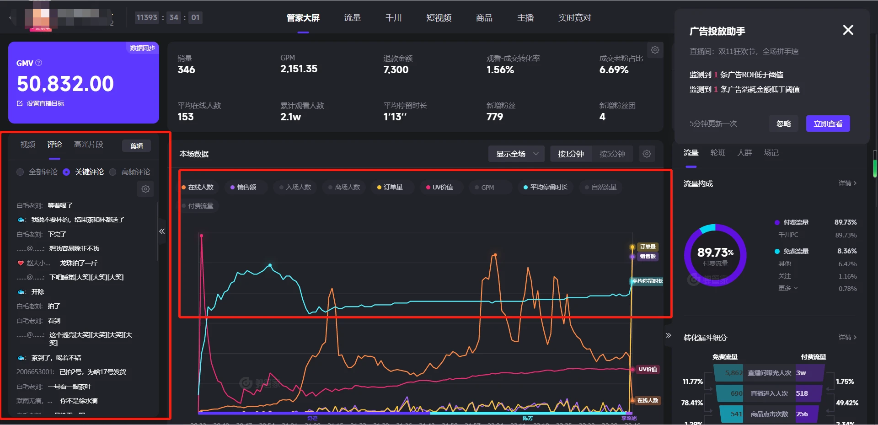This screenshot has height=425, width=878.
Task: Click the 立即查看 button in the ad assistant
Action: pos(828,124)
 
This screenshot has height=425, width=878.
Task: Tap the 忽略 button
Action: pos(783,124)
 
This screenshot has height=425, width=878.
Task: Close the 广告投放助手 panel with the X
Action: pos(848,30)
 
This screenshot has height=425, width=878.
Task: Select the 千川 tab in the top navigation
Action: pos(393,18)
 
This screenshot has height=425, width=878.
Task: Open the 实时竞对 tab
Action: pos(574,18)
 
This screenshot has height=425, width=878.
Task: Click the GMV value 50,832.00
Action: pos(65,84)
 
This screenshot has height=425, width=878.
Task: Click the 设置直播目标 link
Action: pos(45,103)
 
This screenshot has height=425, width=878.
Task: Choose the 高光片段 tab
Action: pos(89,145)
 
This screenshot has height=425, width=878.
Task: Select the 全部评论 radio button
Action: pos(20,172)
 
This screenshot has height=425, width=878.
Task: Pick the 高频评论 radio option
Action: pos(113,172)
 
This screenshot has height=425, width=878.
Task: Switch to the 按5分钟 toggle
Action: pos(612,154)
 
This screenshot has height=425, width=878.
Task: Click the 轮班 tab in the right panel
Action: pos(717,153)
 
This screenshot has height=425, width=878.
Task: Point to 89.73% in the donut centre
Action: pos(715,253)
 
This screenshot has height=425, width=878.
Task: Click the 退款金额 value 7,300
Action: pos(396,70)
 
